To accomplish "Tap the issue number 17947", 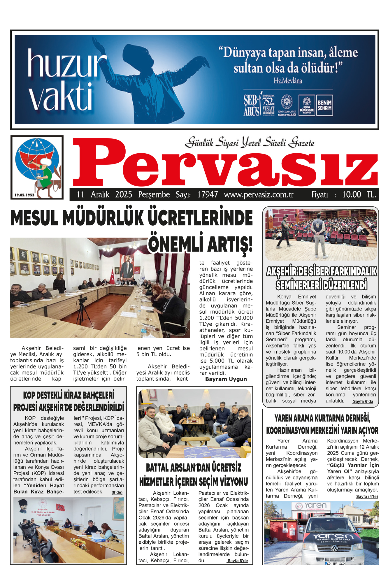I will (x=208, y=195).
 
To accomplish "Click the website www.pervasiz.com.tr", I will (x=259, y=195).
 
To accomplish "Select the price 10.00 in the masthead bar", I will (x=352, y=195).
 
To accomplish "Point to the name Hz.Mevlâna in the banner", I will (x=288, y=81).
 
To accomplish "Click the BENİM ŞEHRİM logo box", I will (x=324, y=106).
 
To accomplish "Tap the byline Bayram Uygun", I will (x=226, y=379).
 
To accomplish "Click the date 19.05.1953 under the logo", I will (x=24, y=195).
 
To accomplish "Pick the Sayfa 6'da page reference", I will (x=363, y=401).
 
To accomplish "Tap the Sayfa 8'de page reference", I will (x=238, y=561).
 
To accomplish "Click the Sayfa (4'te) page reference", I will (x=367, y=496).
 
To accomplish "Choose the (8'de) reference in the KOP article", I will (x=117, y=492).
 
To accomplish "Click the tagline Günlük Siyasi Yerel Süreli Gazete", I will (x=250, y=143).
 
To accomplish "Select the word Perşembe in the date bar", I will (x=154, y=195).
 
